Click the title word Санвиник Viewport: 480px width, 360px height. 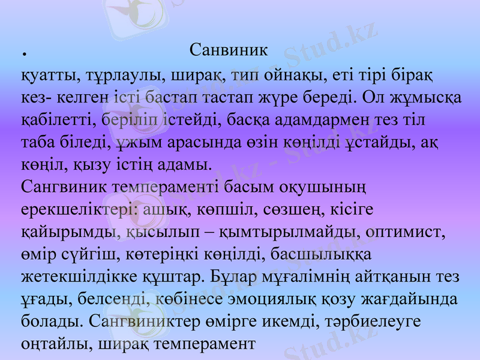coord(228,49)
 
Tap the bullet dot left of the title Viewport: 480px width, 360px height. coord(25,54)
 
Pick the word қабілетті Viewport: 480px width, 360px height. coord(55,119)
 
